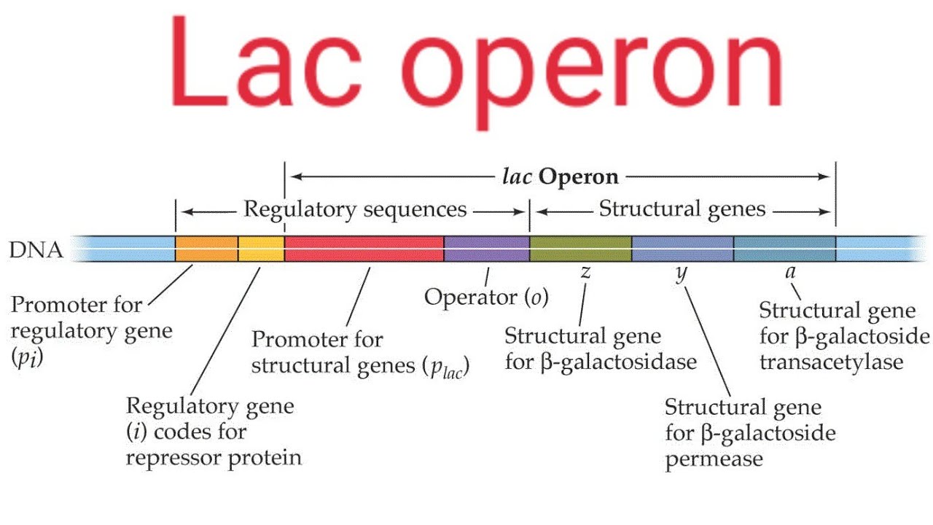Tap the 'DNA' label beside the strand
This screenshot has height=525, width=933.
(x=36, y=252)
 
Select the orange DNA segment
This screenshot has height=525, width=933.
(x=206, y=249)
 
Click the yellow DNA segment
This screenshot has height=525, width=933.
(x=261, y=249)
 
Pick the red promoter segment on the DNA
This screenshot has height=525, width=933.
(x=364, y=249)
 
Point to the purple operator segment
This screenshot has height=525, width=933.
(x=486, y=249)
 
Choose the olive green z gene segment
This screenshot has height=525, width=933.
(x=580, y=249)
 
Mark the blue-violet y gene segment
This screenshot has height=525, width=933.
(x=682, y=249)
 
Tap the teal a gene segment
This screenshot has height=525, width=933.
(x=784, y=249)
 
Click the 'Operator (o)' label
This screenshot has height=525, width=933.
(x=486, y=297)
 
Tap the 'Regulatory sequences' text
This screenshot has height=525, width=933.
(x=354, y=210)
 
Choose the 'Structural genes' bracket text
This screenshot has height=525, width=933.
(x=682, y=210)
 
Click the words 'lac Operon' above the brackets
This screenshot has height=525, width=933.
(x=558, y=176)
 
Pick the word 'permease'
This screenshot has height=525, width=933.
(x=714, y=459)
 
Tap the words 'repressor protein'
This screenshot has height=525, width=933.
(x=214, y=458)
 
